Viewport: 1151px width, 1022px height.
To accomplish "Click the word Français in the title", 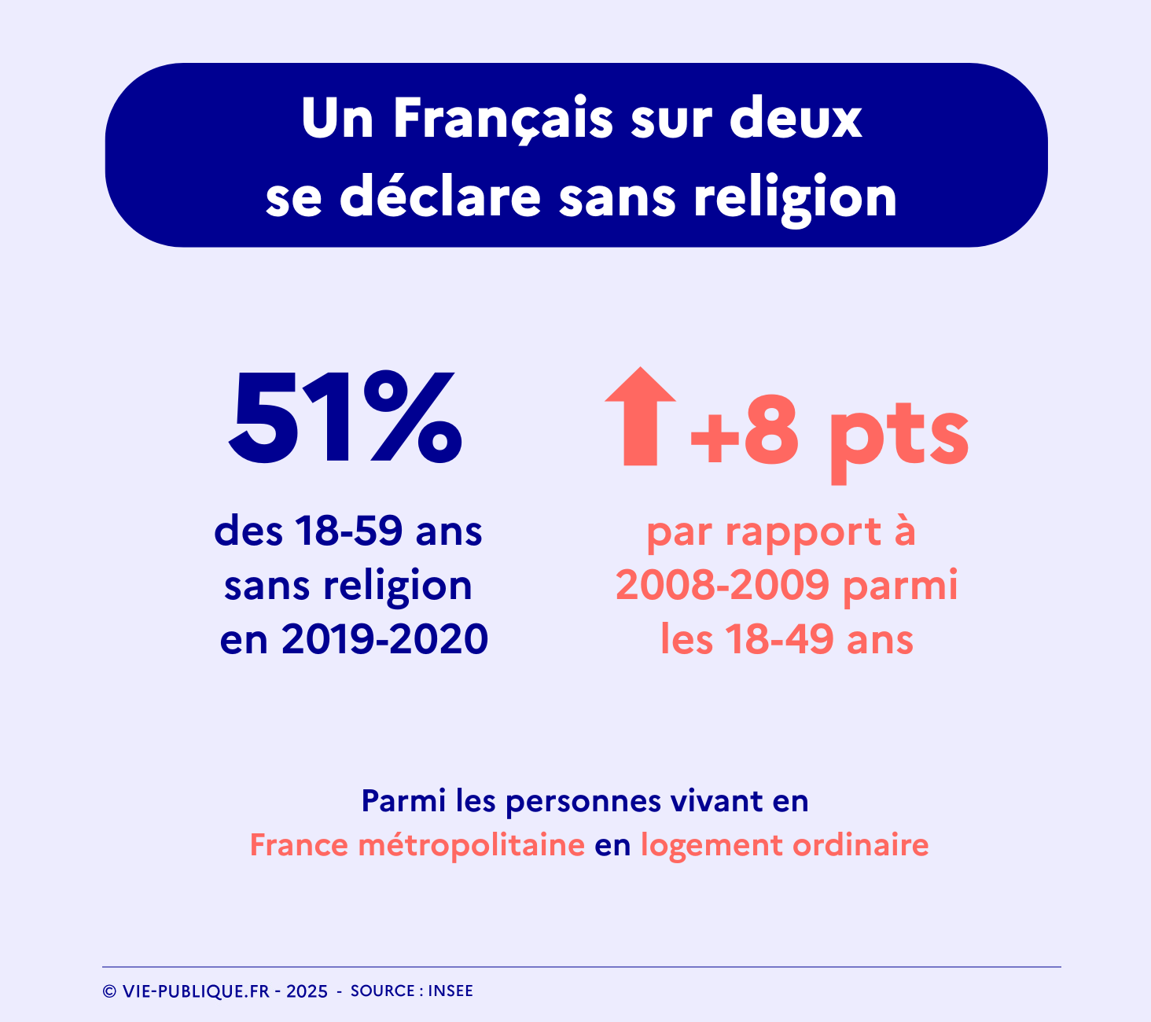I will pos(502,119).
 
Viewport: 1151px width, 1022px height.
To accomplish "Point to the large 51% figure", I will pos(345,419).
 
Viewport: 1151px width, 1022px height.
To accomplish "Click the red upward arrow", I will pos(640,416).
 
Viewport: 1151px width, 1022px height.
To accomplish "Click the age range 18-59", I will pos(349,531).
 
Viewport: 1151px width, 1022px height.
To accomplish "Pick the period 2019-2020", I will pos(384,639).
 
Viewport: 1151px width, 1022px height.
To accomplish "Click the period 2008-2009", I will pos(723,586).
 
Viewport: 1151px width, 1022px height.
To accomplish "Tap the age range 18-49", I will pos(778,639).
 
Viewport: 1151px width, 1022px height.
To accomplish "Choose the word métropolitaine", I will pos(471,846).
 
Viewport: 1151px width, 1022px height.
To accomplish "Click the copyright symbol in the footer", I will pos(109,992).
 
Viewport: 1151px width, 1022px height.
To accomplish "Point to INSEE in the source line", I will pos(450,991).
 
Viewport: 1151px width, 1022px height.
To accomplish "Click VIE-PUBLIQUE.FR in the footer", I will pos(196,992).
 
